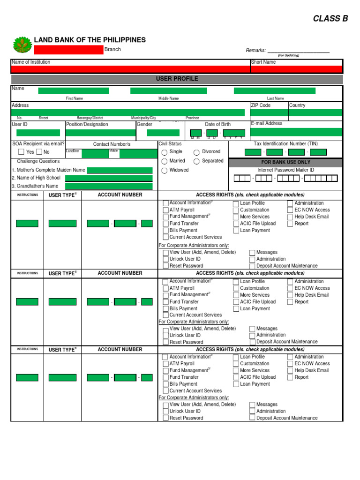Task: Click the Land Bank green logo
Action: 22,45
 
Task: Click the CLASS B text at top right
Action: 330,19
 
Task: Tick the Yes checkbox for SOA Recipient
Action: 22,152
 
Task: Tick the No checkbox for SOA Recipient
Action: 39,152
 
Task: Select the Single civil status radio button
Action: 164,152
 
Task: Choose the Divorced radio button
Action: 196,152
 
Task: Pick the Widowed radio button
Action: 164,171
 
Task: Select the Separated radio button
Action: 196,161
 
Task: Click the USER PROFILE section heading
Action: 177,79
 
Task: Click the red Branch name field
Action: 68,50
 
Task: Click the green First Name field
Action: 74,91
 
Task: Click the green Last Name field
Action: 274,91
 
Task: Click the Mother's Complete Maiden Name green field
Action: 120,170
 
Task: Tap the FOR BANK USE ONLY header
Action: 285,162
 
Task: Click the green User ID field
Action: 38,133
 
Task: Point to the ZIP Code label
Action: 261,105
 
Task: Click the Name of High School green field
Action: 109,178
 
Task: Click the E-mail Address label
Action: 267,124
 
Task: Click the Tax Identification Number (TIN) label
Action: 285,144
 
